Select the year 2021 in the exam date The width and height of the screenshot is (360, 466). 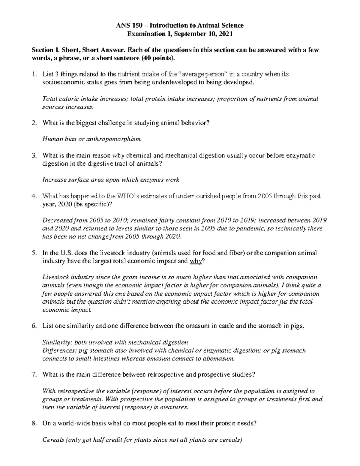[225, 34]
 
